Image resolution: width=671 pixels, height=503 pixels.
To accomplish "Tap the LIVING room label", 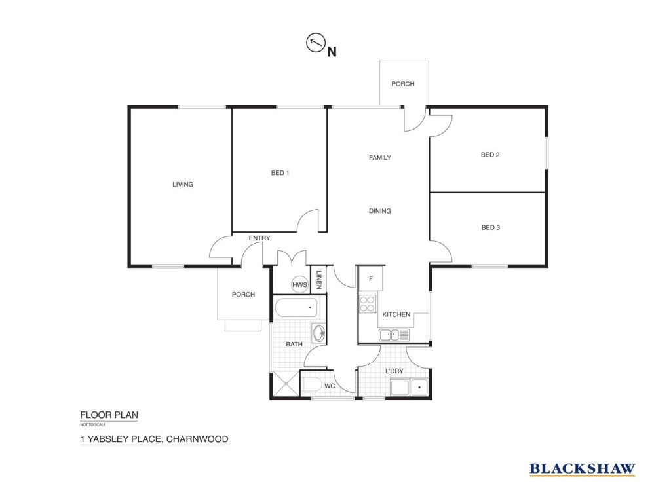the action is pyautogui.click(x=183, y=184).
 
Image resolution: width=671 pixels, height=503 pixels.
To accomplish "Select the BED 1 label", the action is pyautogui.click(x=280, y=173).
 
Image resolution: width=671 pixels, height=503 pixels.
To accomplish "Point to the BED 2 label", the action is pyautogui.click(x=490, y=155).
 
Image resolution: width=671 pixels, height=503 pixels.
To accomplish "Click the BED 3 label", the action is pyautogui.click(x=490, y=227).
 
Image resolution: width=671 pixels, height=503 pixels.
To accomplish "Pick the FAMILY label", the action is pyautogui.click(x=380, y=157).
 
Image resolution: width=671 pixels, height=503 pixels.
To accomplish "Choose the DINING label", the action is pyautogui.click(x=380, y=210).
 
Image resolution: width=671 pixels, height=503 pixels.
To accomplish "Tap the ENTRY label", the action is pyautogui.click(x=259, y=238).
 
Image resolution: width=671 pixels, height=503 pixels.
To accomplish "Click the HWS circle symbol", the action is pyautogui.click(x=299, y=284).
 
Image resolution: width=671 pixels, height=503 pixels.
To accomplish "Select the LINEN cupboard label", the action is pyautogui.click(x=318, y=280).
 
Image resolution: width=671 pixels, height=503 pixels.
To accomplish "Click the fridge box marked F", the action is pyautogui.click(x=371, y=278).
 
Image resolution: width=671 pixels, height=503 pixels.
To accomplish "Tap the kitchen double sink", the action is pyautogui.click(x=394, y=335).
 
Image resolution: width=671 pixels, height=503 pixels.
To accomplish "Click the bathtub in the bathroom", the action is pyautogui.click(x=296, y=308).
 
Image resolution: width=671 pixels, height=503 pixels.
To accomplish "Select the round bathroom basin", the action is pyautogui.click(x=319, y=333).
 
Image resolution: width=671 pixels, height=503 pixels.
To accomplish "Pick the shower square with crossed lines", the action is pyautogui.click(x=286, y=384).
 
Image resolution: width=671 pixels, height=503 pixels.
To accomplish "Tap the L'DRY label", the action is pyautogui.click(x=394, y=371).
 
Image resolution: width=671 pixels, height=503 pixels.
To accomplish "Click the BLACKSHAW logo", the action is pyautogui.click(x=582, y=469).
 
